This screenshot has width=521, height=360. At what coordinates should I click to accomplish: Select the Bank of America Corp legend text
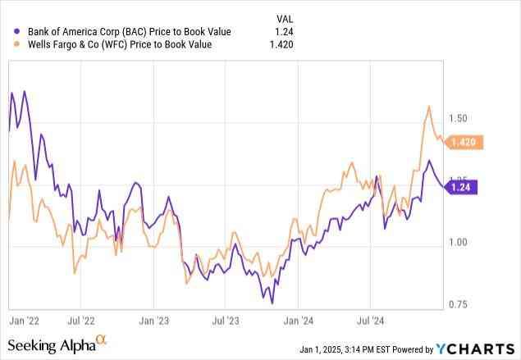coord(129,32)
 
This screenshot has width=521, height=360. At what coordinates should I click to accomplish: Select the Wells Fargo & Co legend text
coord(120,45)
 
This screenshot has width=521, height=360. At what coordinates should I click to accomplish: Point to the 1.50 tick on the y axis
coord(458,119)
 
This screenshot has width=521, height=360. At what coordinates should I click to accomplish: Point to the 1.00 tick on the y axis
coord(458,242)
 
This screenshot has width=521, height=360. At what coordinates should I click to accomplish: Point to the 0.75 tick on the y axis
coord(458,304)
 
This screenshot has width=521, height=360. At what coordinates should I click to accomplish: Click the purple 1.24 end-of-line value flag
coord(461,187)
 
